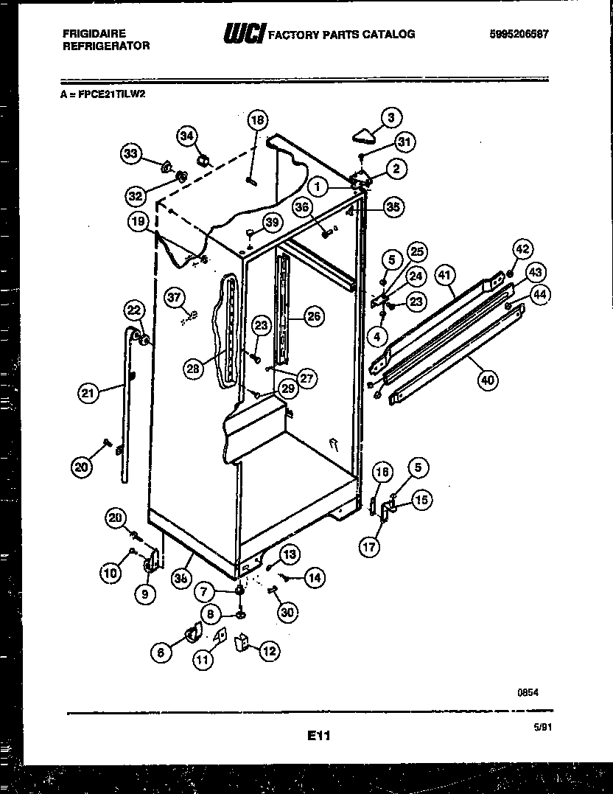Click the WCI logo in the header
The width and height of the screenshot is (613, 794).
[244, 34]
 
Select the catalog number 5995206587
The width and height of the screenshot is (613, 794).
[519, 34]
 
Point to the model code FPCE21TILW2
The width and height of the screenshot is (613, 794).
[104, 94]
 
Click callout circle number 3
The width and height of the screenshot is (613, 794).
[391, 116]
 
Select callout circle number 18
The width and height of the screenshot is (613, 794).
[257, 120]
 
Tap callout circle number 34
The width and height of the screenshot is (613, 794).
[187, 136]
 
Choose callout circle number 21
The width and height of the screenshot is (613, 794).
[88, 394]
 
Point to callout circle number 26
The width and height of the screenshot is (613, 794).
[314, 318]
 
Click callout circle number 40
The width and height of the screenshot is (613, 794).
[487, 380]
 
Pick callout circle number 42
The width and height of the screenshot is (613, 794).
[522, 249]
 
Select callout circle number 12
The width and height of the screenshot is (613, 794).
[270, 650]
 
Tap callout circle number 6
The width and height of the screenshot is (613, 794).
[161, 652]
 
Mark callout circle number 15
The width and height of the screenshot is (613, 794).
[420, 500]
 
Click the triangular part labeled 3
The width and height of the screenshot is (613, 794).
[363, 133]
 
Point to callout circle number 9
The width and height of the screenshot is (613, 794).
[144, 592]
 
